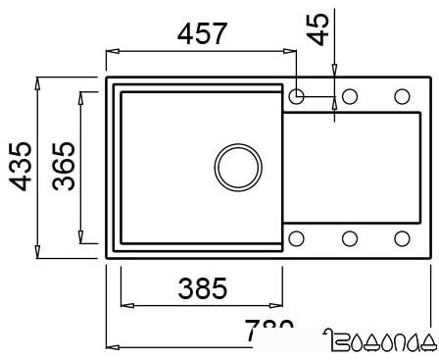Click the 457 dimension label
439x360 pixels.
pyautogui.click(x=202, y=32)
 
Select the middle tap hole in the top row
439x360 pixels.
pyautogui.click(x=349, y=96)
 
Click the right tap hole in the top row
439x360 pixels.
pyautogui.click(x=401, y=96)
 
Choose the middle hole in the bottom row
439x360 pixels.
pyautogui.click(x=349, y=237)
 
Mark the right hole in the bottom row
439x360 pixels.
pyautogui.click(x=401, y=237)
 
